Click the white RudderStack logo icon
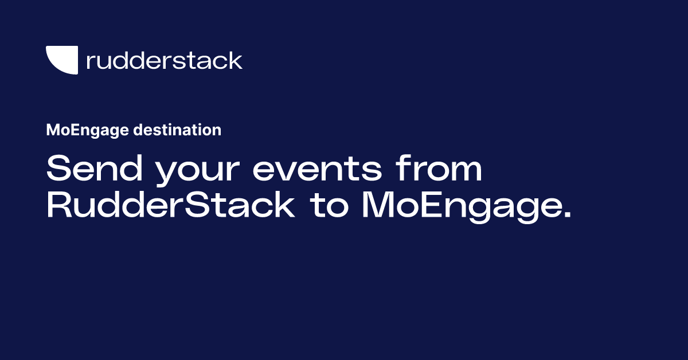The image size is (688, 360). pyautogui.click(x=61, y=60)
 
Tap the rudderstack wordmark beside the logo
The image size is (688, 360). pyautogui.click(x=164, y=60)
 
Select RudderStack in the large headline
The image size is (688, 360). pyautogui.click(x=170, y=206)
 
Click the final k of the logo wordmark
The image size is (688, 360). pyautogui.click(x=236, y=60)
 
